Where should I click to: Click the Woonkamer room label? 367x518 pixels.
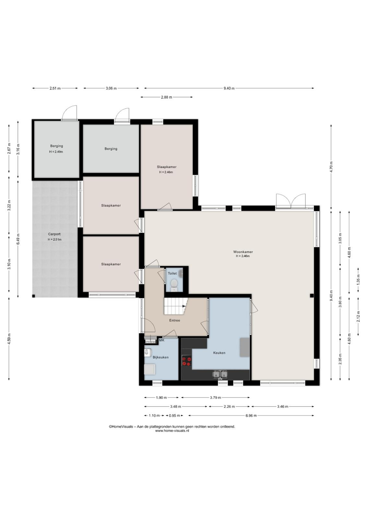[x=243, y=252]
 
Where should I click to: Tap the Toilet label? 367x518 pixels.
[x=172, y=273]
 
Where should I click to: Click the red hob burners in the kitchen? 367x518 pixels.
[x=187, y=361]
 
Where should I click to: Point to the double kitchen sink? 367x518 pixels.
[x=220, y=374]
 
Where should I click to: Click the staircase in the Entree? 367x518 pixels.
[x=176, y=306]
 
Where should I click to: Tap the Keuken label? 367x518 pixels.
[x=219, y=353]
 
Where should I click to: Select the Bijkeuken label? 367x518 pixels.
[x=160, y=357]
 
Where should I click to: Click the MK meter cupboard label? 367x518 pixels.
[x=162, y=340]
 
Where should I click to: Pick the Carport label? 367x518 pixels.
[x=54, y=234]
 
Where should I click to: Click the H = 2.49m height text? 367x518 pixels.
[x=56, y=152]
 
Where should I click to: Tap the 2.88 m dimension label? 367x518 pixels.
[x=167, y=97]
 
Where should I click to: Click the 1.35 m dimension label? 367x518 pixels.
[x=358, y=279]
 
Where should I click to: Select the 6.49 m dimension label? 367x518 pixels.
[x=18, y=239]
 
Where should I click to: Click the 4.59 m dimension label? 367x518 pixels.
[x=9, y=339]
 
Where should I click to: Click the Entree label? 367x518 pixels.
[x=175, y=320]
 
